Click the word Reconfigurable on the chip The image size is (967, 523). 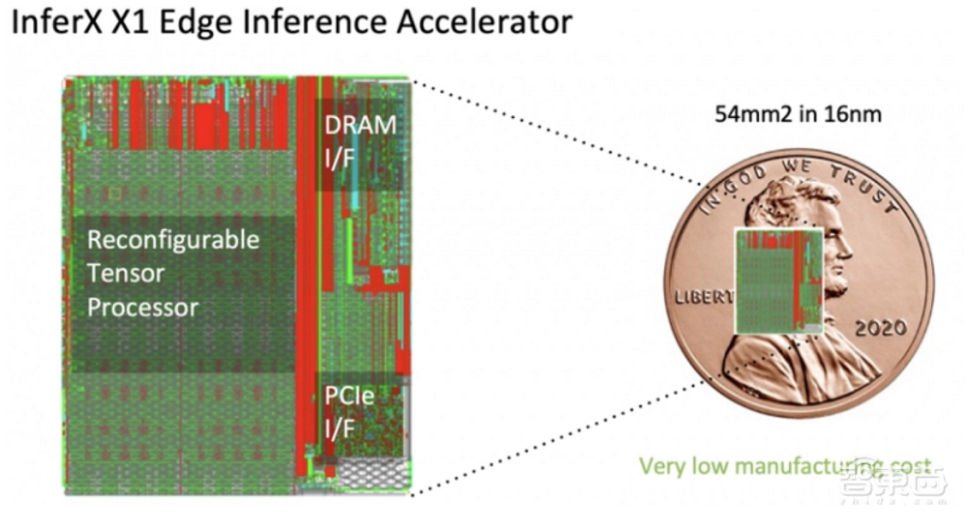click(174, 240)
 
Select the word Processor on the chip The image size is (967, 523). click(143, 308)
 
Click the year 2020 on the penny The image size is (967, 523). click(880, 328)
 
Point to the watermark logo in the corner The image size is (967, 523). click(890, 483)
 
